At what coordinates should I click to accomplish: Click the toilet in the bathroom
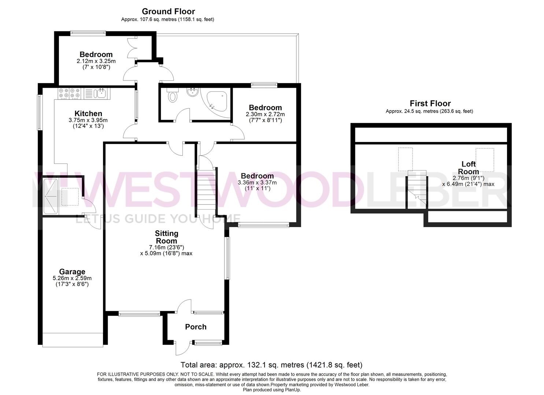click(x=172, y=96)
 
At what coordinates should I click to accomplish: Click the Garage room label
click(x=72, y=272)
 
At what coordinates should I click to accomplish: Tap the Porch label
click(x=196, y=327)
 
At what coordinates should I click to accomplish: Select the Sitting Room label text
click(x=166, y=237)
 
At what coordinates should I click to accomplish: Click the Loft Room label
click(x=468, y=168)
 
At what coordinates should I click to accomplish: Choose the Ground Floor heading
click(x=168, y=11)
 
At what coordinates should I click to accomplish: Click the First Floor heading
click(x=430, y=104)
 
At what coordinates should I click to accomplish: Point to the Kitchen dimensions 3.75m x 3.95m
click(x=88, y=120)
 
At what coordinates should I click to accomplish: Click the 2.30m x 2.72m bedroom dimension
click(x=265, y=114)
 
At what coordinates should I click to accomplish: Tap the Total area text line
click(x=271, y=365)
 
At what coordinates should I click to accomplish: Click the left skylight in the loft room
click(x=406, y=159)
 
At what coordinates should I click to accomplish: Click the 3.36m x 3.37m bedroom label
click(x=257, y=176)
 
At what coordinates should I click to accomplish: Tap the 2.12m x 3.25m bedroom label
click(x=96, y=55)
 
